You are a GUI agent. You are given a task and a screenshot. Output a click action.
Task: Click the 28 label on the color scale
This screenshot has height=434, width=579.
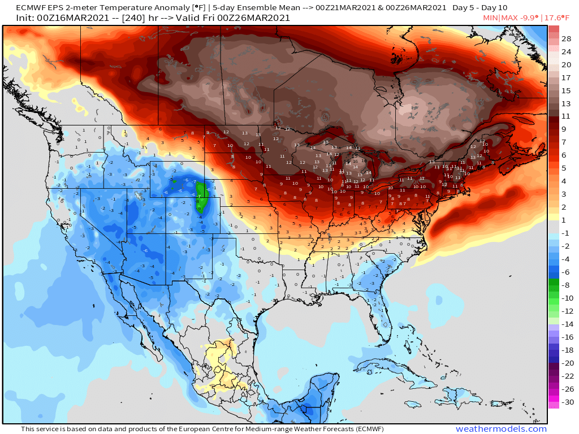(566, 39)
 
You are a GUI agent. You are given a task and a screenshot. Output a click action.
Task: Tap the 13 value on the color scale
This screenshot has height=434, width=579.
(566, 103)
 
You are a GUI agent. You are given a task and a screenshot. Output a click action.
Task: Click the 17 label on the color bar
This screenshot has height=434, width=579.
(566, 77)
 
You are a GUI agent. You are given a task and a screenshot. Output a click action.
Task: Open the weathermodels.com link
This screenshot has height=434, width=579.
(501, 429)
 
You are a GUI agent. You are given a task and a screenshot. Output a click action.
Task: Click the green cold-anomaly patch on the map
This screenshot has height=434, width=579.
(202, 194)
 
